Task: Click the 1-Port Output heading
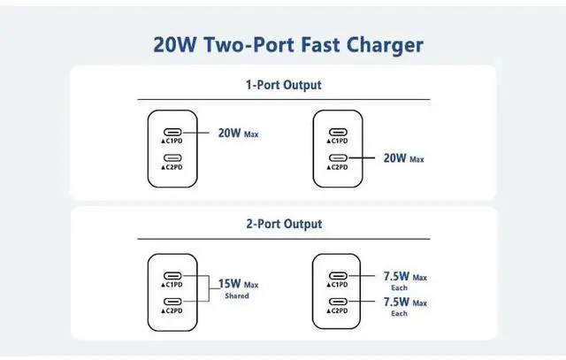click(283, 86)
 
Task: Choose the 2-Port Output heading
click(283, 224)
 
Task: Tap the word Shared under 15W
click(234, 296)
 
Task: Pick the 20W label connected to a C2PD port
click(394, 158)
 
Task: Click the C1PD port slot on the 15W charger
click(174, 275)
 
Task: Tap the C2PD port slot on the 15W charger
click(174, 303)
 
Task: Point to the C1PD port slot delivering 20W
click(174, 134)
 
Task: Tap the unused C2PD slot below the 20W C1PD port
click(174, 158)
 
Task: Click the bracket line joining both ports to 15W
click(207, 288)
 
